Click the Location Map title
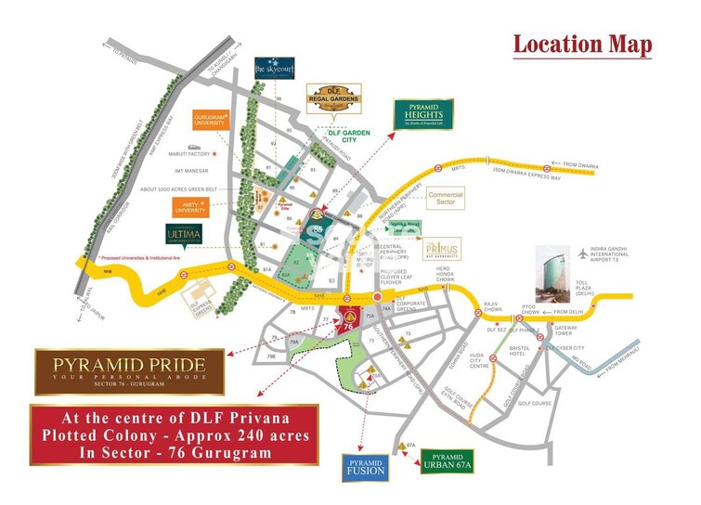coord(582,44)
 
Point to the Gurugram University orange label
coord(210,121)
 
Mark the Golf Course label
coord(535,404)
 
